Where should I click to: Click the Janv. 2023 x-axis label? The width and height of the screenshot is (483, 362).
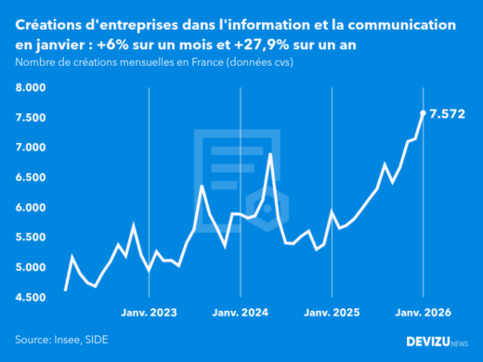click(149, 313)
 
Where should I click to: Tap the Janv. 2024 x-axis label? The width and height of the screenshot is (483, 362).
click(241, 313)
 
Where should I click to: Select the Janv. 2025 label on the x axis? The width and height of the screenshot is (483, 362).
click(332, 313)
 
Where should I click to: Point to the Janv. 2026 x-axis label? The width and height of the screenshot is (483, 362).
click(423, 313)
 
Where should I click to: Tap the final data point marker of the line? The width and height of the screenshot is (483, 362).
click(424, 113)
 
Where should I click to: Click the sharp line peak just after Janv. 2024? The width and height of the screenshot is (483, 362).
click(270, 154)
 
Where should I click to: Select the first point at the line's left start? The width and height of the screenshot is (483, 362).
click(65, 291)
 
